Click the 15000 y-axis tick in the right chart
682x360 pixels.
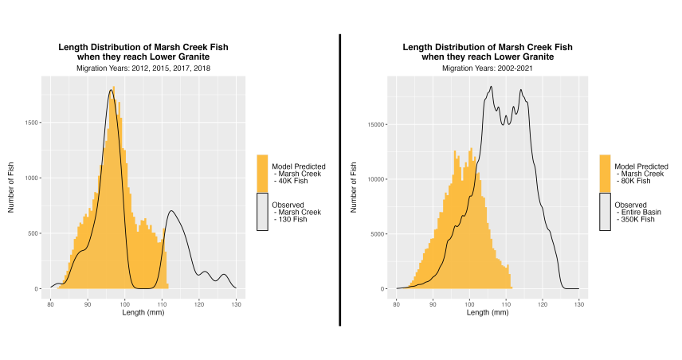(x=378, y=124)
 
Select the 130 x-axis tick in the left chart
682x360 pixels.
(x=237, y=304)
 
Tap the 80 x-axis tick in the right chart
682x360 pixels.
(x=397, y=304)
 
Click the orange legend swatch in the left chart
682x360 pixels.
(x=263, y=173)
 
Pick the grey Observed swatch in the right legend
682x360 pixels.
(x=606, y=211)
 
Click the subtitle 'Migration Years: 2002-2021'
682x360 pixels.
(x=487, y=68)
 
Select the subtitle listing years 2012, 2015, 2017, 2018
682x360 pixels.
(x=143, y=68)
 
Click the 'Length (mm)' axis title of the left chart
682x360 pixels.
(x=143, y=313)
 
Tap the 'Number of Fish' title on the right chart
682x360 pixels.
(x=354, y=189)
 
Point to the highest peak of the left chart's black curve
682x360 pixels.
(x=112, y=90)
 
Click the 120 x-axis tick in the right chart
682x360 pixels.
(x=543, y=304)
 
